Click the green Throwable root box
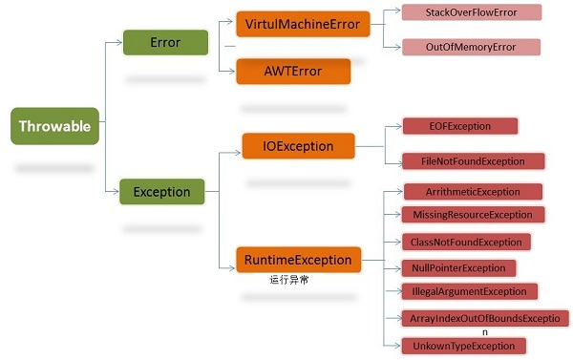[54, 126]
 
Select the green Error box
[165, 43]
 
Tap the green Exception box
[161, 192]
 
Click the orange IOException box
[299, 146]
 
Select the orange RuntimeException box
[299, 259]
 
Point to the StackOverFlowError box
[470, 12]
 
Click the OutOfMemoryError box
[470, 47]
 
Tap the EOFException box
[460, 126]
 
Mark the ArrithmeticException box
[473, 192]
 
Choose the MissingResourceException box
[473, 215]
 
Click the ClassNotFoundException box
[466, 243]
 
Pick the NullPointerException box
[458, 268]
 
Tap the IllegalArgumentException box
[469, 291]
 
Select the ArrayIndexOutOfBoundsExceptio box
[484, 317]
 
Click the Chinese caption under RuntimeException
[289, 281]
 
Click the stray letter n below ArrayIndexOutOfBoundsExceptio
[484, 331]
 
